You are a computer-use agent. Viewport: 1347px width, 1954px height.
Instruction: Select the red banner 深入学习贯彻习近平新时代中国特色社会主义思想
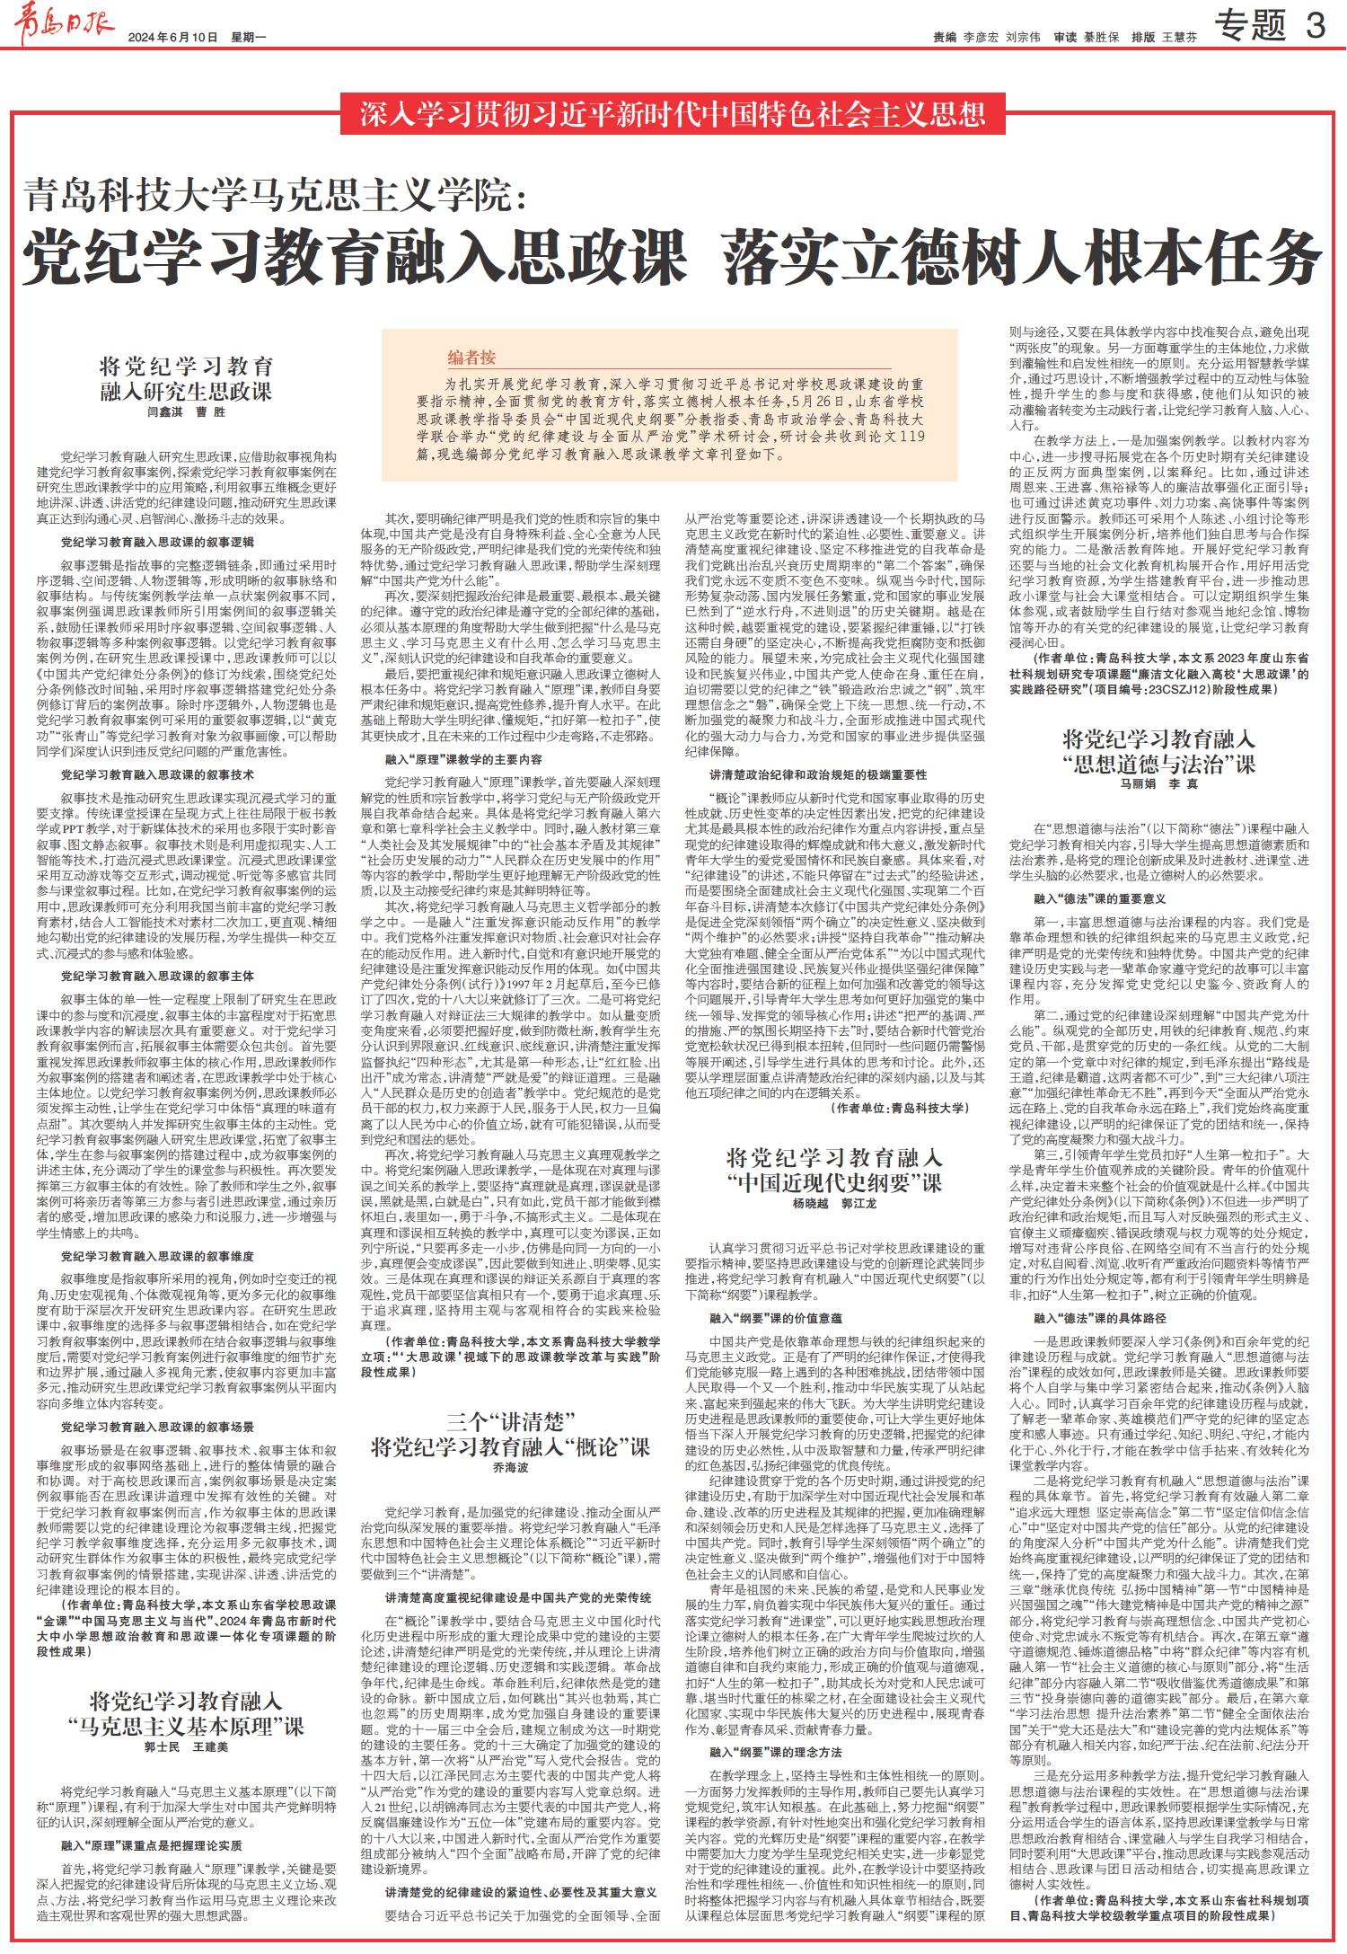673,114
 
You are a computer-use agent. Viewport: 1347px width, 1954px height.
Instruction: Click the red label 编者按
471,358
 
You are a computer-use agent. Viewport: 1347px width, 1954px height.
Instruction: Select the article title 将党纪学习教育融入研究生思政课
186,378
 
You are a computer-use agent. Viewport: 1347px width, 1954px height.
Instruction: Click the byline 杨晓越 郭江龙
834,1202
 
